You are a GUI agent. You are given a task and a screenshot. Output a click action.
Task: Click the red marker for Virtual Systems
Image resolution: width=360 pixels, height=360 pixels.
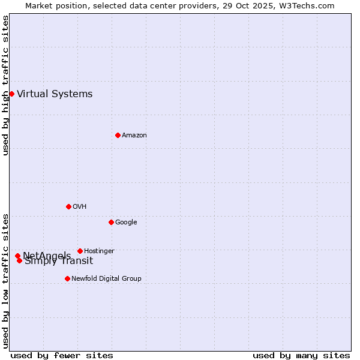[x=11, y=94]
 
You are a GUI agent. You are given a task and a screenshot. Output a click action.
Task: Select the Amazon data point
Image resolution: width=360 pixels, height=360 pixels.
[x=118, y=135]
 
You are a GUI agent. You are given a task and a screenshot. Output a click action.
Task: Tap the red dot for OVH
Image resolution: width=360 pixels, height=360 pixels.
[x=68, y=206]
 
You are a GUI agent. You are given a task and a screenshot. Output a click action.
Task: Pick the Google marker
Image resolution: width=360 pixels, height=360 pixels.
[x=111, y=222]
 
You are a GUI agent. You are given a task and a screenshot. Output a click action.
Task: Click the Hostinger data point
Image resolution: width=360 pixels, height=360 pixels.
[x=80, y=251]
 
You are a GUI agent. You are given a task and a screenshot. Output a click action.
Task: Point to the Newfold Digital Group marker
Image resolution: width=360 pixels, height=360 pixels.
[x=67, y=278]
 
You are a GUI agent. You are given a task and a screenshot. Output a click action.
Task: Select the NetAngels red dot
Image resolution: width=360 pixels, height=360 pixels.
[x=17, y=256]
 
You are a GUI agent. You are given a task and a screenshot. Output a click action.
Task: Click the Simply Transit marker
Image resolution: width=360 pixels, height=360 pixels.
[x=20, y=260]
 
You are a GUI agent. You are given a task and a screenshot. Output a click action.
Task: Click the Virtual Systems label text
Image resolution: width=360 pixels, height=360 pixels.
[x=55, y=94]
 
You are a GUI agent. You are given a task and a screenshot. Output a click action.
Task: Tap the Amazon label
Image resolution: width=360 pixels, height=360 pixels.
[x=134, y=135]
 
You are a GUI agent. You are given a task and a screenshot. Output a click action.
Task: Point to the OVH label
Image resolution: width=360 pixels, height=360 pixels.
[x=80, y=206]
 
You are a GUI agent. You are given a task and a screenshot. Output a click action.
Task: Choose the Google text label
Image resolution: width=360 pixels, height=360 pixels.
[x=126, y=222]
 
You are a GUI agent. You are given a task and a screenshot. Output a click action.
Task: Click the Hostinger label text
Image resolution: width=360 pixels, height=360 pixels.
[x=99, y=251]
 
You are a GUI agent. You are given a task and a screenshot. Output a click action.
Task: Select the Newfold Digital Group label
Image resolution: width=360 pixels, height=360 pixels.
[x=106, y=278]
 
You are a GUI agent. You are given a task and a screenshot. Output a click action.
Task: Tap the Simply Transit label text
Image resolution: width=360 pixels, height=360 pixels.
[x=59, y=261]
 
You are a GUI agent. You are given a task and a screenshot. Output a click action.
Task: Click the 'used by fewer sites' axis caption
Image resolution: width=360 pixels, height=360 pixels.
[x=62, y=355]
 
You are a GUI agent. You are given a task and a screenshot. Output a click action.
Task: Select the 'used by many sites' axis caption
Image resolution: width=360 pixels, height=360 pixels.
[x=301, y=355]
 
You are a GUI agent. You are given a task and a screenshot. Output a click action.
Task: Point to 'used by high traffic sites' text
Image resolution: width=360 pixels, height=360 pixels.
[x=5, y=85]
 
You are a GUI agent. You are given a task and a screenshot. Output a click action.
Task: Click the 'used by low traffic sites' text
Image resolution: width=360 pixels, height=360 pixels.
[x=5, y=281]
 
